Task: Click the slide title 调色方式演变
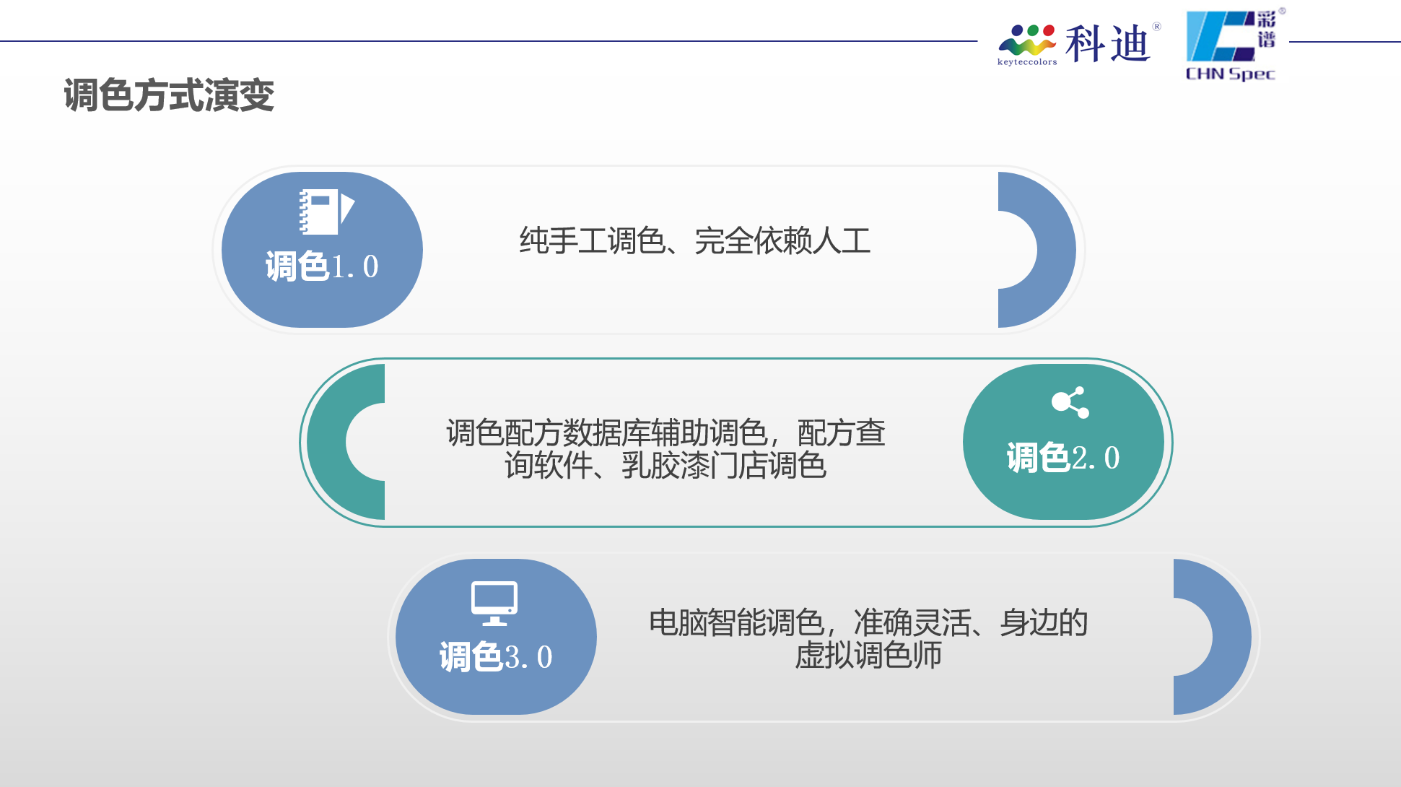coord(169,95)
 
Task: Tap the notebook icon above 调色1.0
coord(327,212)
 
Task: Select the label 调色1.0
coord(322,266)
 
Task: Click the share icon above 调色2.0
coord(1070,402)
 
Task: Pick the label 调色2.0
coord(1063,458)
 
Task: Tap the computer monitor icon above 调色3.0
coord(494,603)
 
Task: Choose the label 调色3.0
coord(496,657)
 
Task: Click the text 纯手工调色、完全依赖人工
coord(695,240)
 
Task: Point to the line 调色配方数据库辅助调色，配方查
coord(665,432)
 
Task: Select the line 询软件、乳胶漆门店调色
coord(665,465)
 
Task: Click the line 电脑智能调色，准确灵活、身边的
coord(868,622)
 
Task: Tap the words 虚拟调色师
coord(868,655)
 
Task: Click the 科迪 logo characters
coord(1107,43)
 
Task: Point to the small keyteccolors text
coord(1027,62)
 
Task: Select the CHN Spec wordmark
coord(1231,74)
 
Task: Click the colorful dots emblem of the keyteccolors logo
coord(1027,40)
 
